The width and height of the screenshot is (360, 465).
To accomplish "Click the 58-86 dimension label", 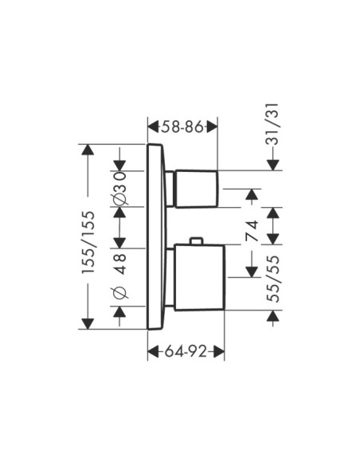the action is click(182, 127).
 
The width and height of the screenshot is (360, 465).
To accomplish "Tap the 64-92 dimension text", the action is click(186, 352).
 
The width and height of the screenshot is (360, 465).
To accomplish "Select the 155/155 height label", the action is click(88, 242).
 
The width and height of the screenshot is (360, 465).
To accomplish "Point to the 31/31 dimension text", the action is click(272, 123).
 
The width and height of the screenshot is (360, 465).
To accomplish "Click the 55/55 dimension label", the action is click(273, 279).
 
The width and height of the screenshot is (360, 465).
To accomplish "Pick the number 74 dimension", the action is click(252, 231).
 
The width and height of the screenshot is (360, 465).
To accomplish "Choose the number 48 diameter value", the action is click(119, 264).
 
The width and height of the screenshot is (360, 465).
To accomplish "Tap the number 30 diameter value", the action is click(119, 183).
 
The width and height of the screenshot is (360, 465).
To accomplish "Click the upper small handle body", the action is click(197, 189).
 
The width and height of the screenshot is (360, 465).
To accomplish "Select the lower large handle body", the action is click(199, 278).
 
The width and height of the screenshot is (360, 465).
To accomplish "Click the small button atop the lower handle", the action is click(197, 240).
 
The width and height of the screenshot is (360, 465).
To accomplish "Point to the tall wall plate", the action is click(155, 236).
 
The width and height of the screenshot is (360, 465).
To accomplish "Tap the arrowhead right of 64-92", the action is click(218, 352).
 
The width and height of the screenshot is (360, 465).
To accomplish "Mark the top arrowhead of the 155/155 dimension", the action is click(88, 150).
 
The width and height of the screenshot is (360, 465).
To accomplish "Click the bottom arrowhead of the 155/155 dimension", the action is click(88, 324).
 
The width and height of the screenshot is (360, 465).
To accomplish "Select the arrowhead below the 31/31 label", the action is click(273, 165).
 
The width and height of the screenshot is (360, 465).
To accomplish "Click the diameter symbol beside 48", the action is click(119, 292).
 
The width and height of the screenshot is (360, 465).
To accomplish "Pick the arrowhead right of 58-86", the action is click(211, 127).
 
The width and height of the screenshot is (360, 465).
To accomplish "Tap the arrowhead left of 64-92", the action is click(155, 352).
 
